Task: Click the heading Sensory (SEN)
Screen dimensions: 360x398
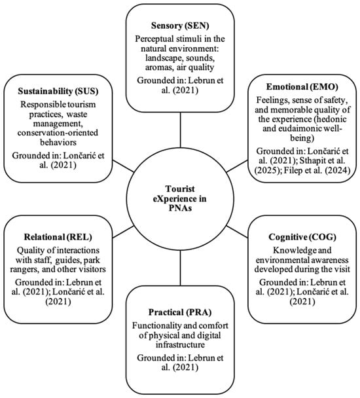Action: pyautogui.click(x=180, y=26)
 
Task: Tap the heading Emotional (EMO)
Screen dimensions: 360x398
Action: pyautogui.click(x=302, y=87)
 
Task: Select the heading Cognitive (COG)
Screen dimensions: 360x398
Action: pyautogui.click(x=302, y=237)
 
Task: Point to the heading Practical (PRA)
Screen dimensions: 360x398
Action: pyautogui.click(x=180, y=312)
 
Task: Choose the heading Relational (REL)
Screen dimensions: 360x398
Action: pyautogui.click(x=58, y=237)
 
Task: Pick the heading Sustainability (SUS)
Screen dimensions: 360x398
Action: pyautogui.click(x=58, y=91)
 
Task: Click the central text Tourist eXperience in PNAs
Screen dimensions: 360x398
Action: pyautogui.click(x=180, y=198)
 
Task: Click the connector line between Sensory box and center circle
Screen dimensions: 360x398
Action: pyautogui.click(x=180, y=130)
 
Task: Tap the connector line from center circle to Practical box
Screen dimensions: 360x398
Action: pyautogui.click(x=180, y=268)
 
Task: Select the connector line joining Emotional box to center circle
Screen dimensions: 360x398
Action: pyautogui.click(x=237, y=166)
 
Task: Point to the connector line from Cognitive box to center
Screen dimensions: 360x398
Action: pyautogui.click(x=237, y=231)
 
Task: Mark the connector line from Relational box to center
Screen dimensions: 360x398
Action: pyautogui.click(x=123, y=232)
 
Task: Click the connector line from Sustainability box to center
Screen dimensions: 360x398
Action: pyautogui.click(x=123, y=166)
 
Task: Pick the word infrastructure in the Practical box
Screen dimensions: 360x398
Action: pyautogui.click(x=180, y=345)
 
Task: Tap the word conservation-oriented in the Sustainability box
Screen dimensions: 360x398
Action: pyautogui.click(x=58, y=133)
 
